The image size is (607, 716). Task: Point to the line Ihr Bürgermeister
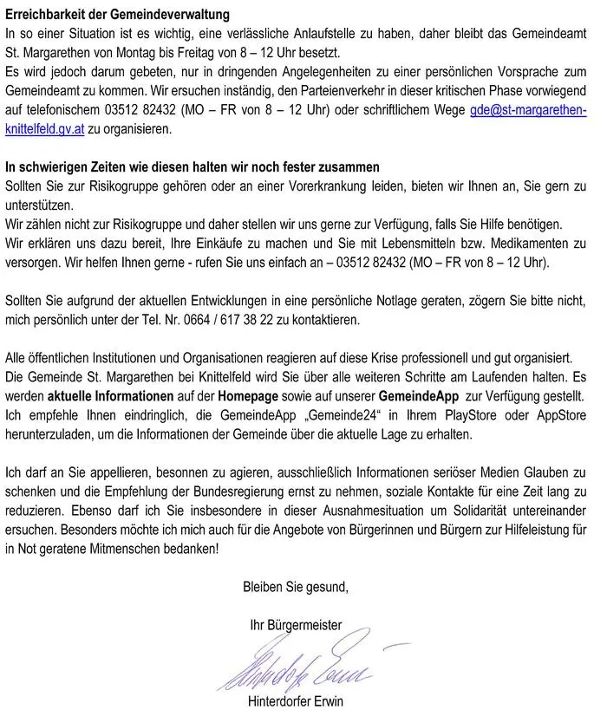296,624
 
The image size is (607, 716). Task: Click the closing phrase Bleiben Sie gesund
296,587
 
